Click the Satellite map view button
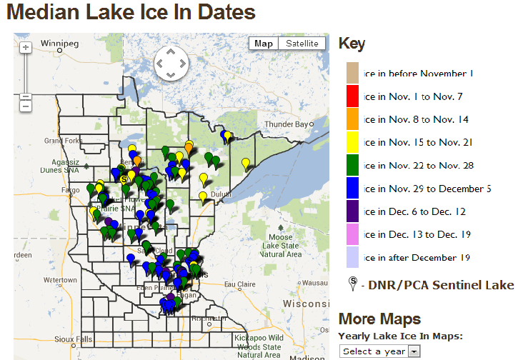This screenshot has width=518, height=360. click(302, 44)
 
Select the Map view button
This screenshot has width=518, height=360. click(264, 44)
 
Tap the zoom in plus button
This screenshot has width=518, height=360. click(26, 48)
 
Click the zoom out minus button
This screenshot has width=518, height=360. click(26, 106)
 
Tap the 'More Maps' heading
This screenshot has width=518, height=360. click(379, 319)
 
